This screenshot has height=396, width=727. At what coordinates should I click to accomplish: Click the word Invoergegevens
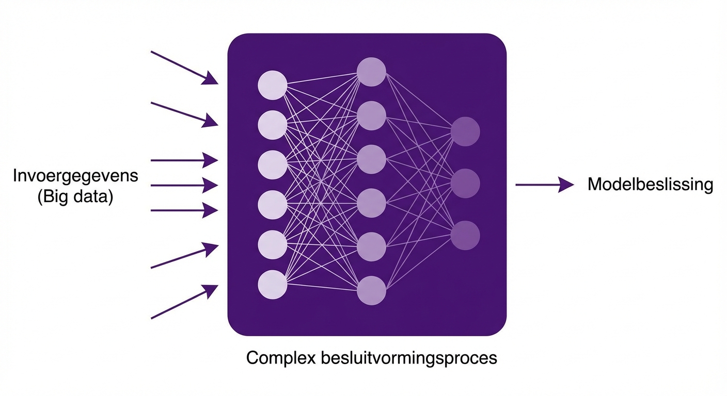[75, 176]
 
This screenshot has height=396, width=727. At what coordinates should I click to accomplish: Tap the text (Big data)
[75, 197]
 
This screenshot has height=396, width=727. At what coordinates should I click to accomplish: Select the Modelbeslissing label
[650, 184]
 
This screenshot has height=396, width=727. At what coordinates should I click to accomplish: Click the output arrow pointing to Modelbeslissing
[544, 184]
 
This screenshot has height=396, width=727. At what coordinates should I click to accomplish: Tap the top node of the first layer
[272, 85]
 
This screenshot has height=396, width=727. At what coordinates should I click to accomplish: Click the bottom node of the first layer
[272, 285]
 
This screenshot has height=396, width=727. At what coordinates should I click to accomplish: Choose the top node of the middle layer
[371, 72]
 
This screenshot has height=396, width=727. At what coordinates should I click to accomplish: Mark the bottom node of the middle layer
[371, 290]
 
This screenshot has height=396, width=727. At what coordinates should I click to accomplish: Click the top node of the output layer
[465, 131]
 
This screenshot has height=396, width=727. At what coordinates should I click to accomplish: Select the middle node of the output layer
[465, 184]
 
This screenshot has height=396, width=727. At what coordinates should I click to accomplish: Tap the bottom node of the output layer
[465, 235]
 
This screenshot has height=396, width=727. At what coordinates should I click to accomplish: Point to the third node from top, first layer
[272, 164]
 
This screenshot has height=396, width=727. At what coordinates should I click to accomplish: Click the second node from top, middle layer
[371, 115]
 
